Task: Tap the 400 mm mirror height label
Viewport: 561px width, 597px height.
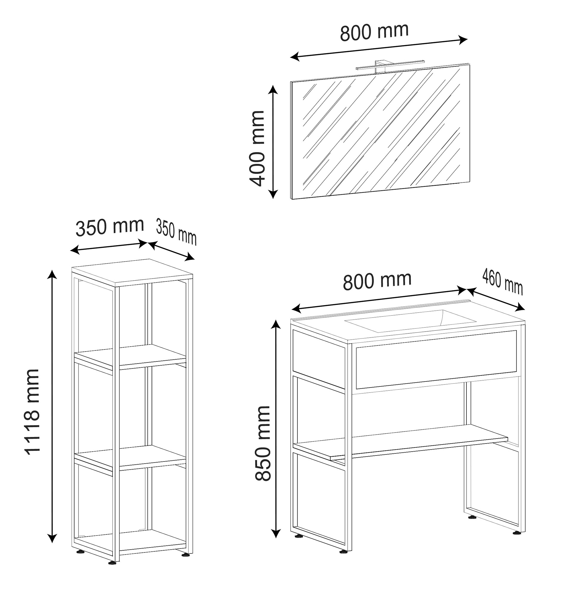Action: click(x=257, y=148)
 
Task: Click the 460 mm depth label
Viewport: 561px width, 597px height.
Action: click(x=503, y=282)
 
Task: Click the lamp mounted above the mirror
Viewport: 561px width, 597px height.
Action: click(x=390, y=66)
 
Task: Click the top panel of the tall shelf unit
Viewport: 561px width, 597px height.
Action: click(x=132, y=272)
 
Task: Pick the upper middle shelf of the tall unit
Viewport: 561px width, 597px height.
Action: click(x=130, y=356)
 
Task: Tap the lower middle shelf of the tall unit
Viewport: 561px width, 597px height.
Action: click(x=130, y=457)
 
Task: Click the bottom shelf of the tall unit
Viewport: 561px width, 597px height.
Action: click(x=130, y=542)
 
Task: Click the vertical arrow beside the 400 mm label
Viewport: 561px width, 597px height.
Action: click(x=273, y=142)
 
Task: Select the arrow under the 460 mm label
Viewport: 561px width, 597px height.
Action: click(x=496, y=299)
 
